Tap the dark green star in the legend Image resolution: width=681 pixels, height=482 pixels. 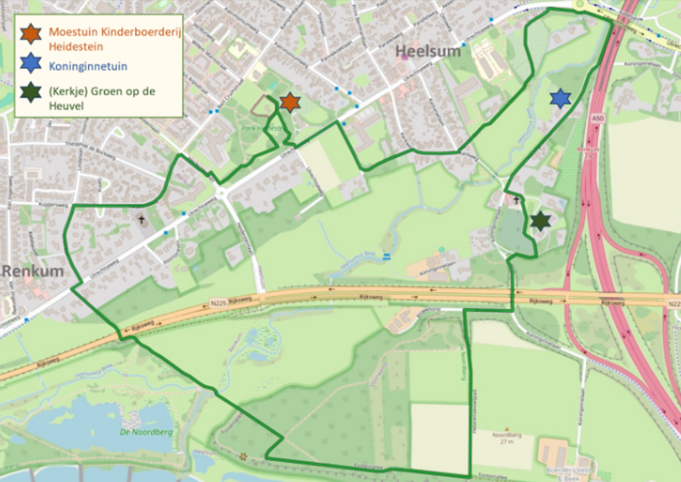coord(31,91)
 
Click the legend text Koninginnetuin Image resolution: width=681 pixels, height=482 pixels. coord(88,66)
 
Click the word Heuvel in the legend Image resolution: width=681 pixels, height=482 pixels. coord(66,105)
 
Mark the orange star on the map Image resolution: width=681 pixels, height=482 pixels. coord(290,102)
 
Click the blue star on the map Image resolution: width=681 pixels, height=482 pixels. coord(561,98)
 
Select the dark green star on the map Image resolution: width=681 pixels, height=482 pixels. coord(541,221)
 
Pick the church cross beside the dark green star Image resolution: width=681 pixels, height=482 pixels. coord(516,199)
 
